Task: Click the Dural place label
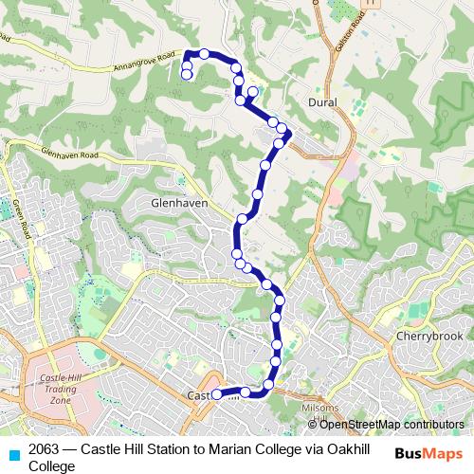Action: tap(323, 100)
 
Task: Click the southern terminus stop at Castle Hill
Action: tap(215, 394)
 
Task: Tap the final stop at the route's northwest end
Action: tap(187, 74)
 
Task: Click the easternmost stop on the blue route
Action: tap(283, 129)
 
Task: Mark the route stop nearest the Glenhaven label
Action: tap(243, 218)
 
